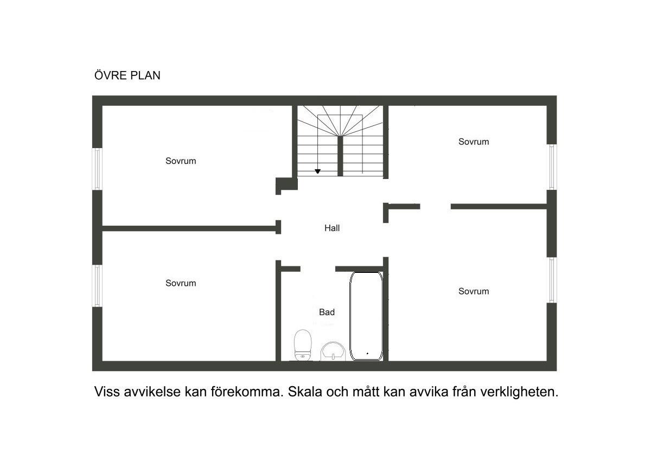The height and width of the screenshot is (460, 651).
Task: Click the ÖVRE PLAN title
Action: pos(127,75)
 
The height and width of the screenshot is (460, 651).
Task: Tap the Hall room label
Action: pos(332,228)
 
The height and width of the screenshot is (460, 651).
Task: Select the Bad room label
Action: pos(327,312)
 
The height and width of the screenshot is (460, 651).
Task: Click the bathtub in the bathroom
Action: pos(366,316)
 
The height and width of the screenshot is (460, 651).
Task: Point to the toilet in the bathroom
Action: pos(303,345)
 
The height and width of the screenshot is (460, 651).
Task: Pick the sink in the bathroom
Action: pos(333,352)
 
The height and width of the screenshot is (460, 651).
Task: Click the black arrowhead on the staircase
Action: pos(318,171)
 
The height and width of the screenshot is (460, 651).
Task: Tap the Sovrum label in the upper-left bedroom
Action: pos(181,161)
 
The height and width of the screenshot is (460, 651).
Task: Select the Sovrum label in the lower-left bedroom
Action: pos(181,283)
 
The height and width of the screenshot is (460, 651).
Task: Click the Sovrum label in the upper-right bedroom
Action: pos(474,142)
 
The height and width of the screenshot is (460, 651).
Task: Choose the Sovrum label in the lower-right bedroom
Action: pos(474,291)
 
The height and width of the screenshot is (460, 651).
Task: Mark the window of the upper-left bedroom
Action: pos(97,169)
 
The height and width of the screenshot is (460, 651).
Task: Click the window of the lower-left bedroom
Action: pos(97,286)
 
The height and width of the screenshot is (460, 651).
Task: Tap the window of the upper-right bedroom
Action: pos(552,167)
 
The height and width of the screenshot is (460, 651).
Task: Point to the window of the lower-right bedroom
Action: pos(552,280)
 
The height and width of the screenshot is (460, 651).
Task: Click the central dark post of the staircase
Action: pos(340,156)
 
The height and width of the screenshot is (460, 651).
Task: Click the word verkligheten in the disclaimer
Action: pos(519,392)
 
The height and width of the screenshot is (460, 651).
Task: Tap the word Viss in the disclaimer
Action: pos(107,392)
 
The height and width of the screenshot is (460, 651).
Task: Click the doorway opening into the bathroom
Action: pos(318,269)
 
